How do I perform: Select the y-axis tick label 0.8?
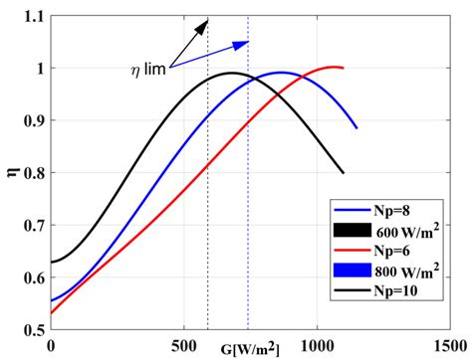pos(32,173)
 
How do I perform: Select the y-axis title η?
pos(11,174)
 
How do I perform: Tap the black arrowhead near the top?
pos(204,23)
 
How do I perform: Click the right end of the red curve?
pos(343,68)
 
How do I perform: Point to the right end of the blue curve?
pos(356,128)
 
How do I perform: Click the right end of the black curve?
pos(344,173)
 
